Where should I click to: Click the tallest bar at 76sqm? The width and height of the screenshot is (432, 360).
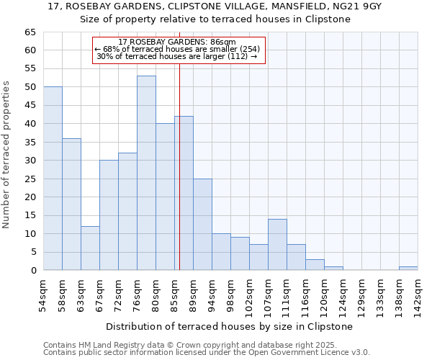tap(146, 173)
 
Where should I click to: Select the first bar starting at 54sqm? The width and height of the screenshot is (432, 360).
tap(53, 179)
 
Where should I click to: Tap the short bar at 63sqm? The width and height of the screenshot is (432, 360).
tap(90, 248)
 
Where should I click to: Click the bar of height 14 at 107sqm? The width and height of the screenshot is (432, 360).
tap(277, 245)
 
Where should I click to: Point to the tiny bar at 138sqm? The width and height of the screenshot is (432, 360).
tap(408, 269)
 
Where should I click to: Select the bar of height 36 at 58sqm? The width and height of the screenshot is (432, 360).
tap(71, 204)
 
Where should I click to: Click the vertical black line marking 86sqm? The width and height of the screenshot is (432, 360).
tap(179, 166)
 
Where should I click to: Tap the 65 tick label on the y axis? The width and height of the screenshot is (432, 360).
tap(30, 32)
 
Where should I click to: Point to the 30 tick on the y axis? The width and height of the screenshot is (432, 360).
tap(30, 161)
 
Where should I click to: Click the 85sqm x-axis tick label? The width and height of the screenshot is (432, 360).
tap(174, 295)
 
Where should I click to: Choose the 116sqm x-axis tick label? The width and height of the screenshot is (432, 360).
tap(305, 295)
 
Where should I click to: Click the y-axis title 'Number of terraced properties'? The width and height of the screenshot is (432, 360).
tap(7, 155)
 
